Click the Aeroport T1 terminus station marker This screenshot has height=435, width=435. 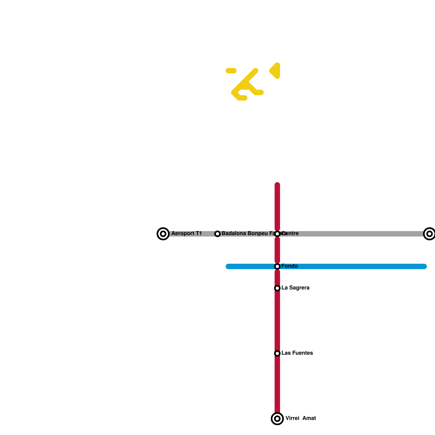163,234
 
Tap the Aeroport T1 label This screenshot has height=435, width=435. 187,234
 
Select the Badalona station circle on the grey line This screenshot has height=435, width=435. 217,234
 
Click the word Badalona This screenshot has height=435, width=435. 234,234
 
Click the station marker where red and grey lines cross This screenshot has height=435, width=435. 277,234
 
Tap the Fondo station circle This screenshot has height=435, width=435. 277,266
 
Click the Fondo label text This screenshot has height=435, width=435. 290,266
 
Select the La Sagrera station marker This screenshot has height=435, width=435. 277,288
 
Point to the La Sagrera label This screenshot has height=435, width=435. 295,288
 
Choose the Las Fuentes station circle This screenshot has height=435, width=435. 277,353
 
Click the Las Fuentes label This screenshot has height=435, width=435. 297,353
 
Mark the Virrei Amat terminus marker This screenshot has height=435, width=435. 277,419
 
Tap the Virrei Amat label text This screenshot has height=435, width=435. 300,418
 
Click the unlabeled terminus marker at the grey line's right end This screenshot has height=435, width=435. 429,234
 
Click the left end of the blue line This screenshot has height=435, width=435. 228,266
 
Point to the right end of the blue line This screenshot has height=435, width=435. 424,266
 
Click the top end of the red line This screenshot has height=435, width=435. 277,185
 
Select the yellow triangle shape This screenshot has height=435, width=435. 275,71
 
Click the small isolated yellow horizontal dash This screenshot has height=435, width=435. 231,71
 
